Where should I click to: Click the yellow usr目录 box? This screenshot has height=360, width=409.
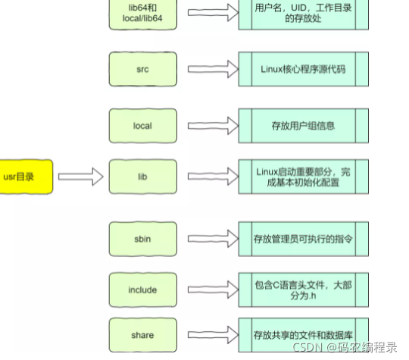point(26,177)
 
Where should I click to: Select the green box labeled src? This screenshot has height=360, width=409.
point(142,69)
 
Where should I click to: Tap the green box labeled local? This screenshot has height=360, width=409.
point(142,126)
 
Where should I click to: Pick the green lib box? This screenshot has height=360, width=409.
point(142,177)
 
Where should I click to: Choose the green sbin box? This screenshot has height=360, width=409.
point(142,239)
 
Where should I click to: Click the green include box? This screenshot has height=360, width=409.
point(142,289)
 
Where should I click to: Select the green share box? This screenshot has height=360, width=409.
point(142,334)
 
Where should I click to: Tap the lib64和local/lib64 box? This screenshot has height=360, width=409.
point(142,14)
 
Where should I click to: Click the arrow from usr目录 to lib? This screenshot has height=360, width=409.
point(80,177)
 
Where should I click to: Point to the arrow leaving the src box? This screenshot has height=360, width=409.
point(210,69)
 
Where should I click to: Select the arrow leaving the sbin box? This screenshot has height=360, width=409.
point(210,239)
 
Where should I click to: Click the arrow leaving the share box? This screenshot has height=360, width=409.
point(210,334)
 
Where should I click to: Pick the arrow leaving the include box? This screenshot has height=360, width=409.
point(210,289)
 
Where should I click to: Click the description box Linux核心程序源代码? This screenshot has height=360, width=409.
point(303,69)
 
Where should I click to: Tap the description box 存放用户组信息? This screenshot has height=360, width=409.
point(303,126)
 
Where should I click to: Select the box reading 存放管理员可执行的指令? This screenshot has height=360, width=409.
point(303,239)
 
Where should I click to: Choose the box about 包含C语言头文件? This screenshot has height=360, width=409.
point(303,289)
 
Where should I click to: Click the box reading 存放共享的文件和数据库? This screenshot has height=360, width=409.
point(303,334)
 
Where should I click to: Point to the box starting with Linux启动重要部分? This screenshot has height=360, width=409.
point(303,177)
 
